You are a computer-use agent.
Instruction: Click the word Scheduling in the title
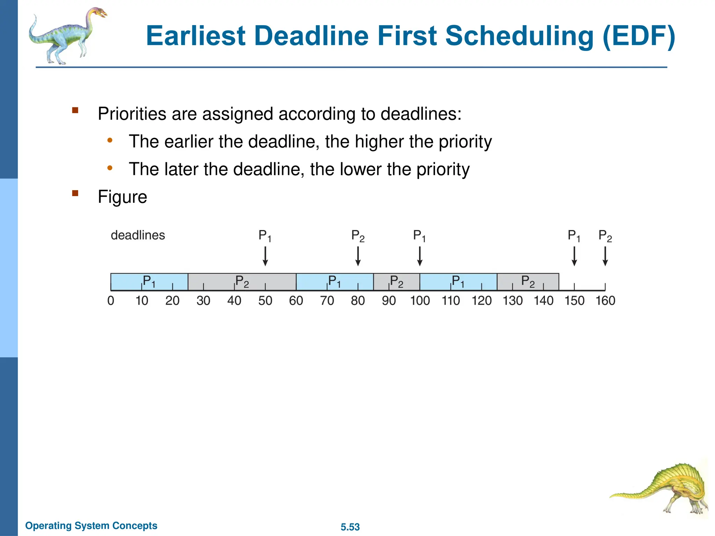pyautogui.click(x=519, y=36)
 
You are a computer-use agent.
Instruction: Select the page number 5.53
pyautogui.click(x=350, y=527)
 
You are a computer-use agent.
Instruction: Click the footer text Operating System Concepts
pyautogui.click(x=91, y=526)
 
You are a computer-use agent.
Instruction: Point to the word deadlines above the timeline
pyautogui.click(x=138, y=235)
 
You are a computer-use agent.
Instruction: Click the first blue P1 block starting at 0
pyautogui.click(x=149, y=282)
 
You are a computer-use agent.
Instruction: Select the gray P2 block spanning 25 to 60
pyautogui.click(x=242, y=282)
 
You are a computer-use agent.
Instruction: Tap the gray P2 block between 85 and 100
pyautogui.click(x=397, y=282)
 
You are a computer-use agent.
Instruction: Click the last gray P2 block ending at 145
pyautogui.click(x=528, y=282)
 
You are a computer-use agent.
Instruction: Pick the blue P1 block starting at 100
pyautogui.click(x=458, y=282)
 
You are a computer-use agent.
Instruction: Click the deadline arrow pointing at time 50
pyautogui.click(x=265, y=256)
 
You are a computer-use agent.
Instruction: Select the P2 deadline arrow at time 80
pyautogui.click(x=358, y=256)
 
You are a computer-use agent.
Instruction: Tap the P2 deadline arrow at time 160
pyautogui.click(x=605, y=256)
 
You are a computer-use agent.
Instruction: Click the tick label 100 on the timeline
pyautogui.click(x=420, y=301)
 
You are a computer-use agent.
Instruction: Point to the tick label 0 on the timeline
pyautogui.click(x=111, y=301)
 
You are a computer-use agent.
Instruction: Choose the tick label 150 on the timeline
pyautogui.click(x=574, y=301)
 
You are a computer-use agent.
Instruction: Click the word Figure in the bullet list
pyautogui.click(x=122, y=197)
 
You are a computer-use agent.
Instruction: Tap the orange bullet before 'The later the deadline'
pyautogui.click(x=110, y=168)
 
